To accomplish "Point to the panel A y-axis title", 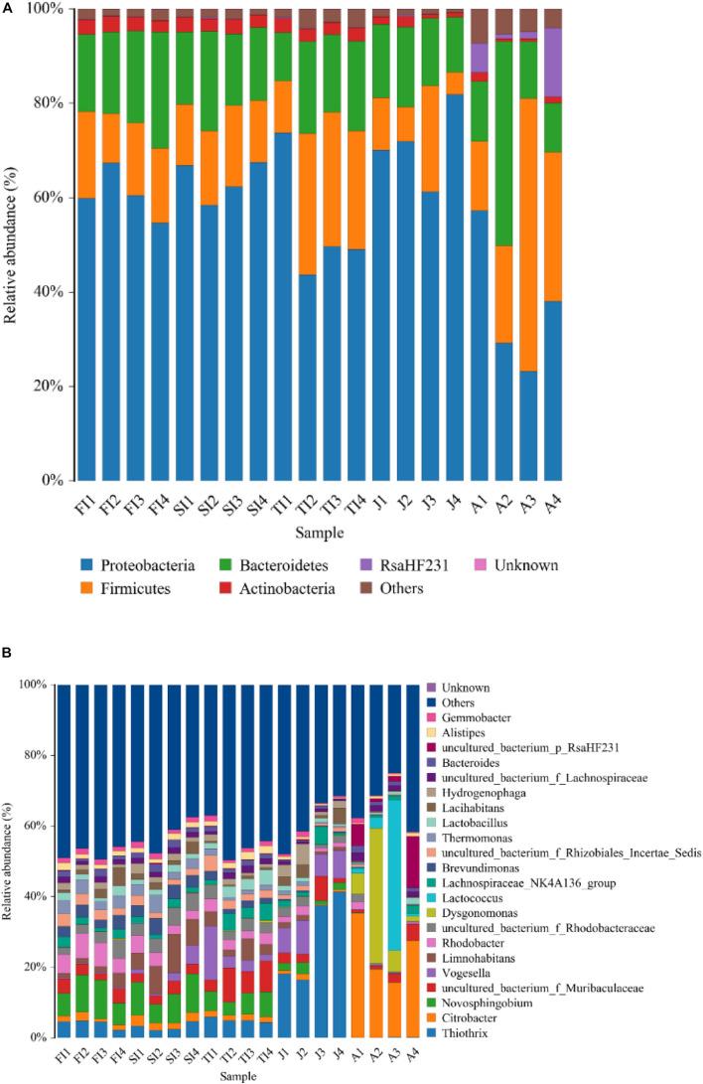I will coord(12,243).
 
